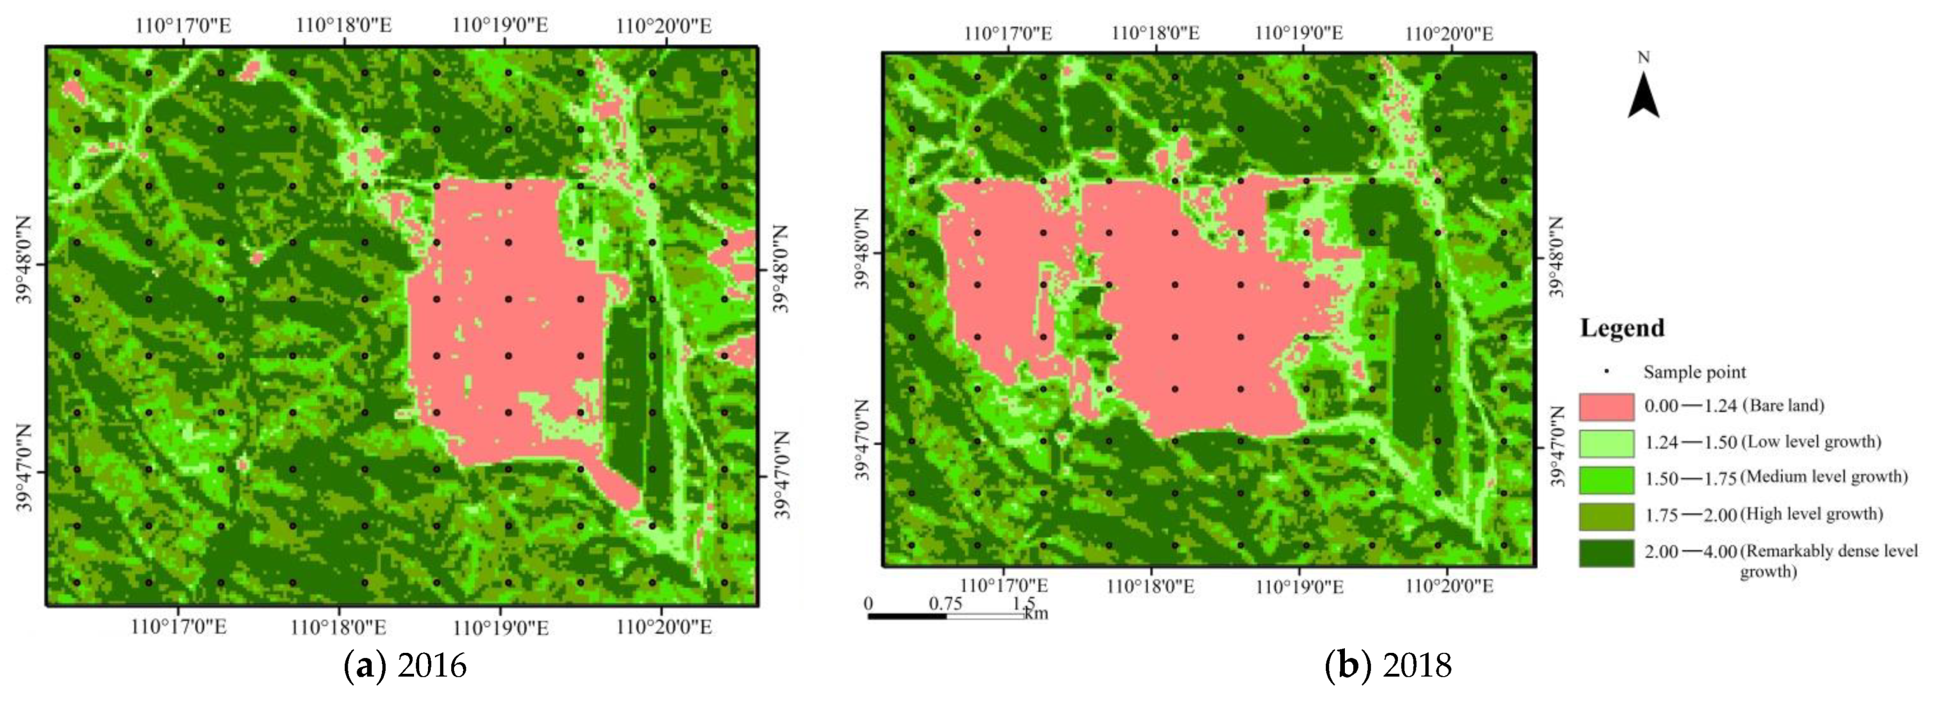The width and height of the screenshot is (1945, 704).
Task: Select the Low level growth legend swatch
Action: point(1606,443)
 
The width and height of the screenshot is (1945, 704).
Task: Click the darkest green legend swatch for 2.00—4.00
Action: point(1606,552)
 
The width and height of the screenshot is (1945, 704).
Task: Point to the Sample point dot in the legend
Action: point(1607,371)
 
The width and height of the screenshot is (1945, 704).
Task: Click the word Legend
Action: point(1622,328)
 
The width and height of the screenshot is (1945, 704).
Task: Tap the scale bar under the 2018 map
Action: point(946,616)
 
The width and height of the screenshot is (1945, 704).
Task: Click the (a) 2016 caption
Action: point(405,666)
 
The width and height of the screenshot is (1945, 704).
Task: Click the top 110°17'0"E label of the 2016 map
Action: point(184,26)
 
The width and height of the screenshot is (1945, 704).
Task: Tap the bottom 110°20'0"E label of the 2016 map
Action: point(663,627)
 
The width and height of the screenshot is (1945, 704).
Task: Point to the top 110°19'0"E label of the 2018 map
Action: point(1298,33)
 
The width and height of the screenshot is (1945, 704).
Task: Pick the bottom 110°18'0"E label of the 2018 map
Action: point(1151,587)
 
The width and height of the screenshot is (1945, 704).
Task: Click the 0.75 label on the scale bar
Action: point(945,603)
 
